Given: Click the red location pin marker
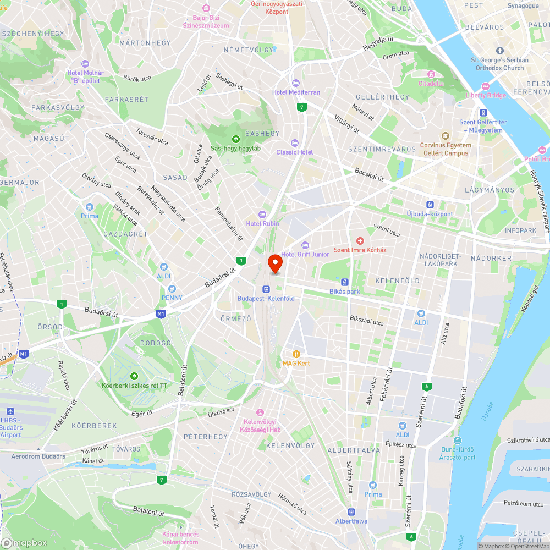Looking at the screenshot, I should coord(274,263).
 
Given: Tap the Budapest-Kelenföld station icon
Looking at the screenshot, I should coord(266,289).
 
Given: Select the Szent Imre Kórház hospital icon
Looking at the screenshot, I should coord(360,241).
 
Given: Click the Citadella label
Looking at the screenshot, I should coord(431,84).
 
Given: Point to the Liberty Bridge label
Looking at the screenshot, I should coord(486,95).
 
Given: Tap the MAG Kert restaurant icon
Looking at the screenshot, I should coord(296,354).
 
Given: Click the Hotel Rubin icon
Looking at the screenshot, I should coord(262,214).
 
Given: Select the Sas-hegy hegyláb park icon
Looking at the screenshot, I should coord(236,139).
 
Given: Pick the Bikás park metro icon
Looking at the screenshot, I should coord(345,282).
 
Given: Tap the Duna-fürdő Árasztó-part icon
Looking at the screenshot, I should coord(457,441).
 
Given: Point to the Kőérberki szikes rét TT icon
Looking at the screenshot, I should coord(134,376).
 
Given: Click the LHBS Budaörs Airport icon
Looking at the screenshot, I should coord(10,411).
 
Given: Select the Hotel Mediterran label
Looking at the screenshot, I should coord(296,92).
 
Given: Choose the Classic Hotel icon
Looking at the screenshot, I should coord(294,143).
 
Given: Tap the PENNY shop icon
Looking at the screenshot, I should coord(172,288).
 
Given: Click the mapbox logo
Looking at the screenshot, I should coord(25,542).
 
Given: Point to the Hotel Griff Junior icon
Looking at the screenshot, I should coord(305,245).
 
